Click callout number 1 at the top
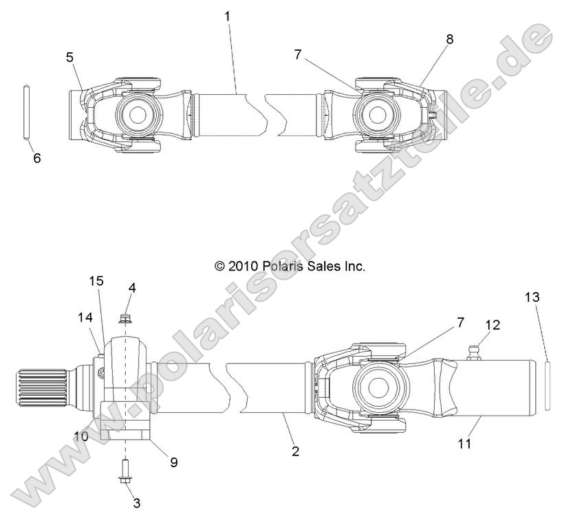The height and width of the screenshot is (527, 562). click(x=228, y=14)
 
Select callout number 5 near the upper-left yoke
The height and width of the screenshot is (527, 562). click(x=69, y=57)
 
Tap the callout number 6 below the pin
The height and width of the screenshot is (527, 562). click(x=36, y=158)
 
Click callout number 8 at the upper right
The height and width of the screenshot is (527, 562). click(x=449, y=39)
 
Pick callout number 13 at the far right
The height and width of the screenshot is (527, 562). click(x=532, y=298)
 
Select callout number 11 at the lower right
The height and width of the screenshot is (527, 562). click(x=465, y=444)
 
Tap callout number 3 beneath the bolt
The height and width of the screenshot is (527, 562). click(x=136, y=503)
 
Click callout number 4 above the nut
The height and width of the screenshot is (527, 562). click(x=131, y=288)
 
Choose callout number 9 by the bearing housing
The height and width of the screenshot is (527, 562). click(x=173, y=462)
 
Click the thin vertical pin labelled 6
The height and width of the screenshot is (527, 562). click(x=26, y=113)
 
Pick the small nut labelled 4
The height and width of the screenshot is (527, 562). click(x=126, y=317)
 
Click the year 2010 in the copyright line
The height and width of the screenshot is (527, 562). click(x=243, y=266)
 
